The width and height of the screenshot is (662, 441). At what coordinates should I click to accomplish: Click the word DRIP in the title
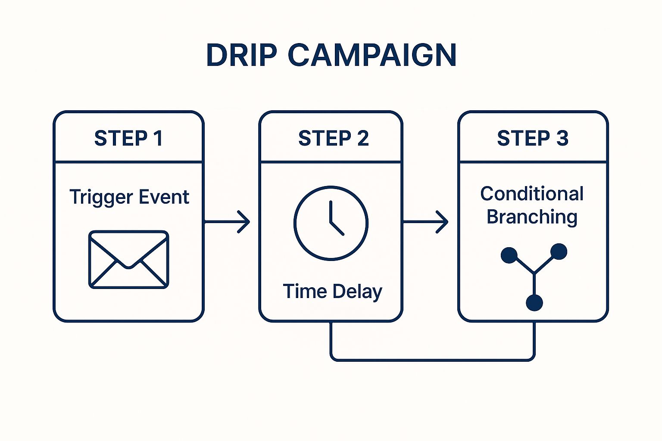241,55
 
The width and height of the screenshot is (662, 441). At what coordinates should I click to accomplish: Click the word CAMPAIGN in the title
372,55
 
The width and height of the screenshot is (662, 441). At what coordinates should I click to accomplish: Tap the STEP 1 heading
128,138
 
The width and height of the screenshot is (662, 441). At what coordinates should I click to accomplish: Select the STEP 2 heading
333,138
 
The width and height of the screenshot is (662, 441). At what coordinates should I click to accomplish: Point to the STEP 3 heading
533,138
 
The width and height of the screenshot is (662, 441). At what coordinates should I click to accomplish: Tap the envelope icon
128,259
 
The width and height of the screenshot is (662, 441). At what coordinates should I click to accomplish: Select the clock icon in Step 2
331,223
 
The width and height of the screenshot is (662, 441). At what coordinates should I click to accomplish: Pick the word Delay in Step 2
357,292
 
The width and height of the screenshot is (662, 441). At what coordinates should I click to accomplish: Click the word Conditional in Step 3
532,194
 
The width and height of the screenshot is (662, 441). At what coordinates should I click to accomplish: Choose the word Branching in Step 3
532,217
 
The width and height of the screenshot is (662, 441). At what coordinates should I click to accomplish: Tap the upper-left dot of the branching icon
509,255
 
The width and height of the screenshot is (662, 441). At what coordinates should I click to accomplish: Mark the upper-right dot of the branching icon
559,252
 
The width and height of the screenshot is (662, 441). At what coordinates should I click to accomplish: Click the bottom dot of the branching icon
534,302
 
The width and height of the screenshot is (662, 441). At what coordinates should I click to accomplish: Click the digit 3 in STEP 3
562,138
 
